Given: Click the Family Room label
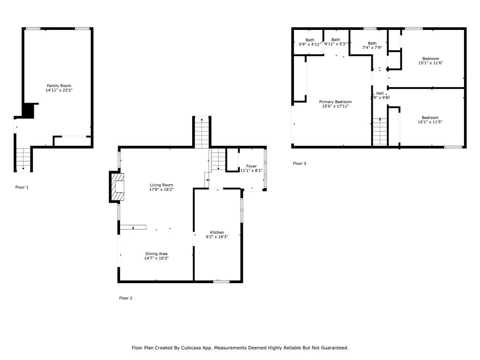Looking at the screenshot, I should click(59, 86).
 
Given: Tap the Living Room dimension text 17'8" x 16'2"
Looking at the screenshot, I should click(161, 190).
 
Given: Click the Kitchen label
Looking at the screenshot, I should click(217, 232).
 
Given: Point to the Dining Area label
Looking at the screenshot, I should click(156, 254).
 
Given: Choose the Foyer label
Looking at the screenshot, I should click(251, 166).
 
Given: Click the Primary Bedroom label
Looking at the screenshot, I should click(335, 102).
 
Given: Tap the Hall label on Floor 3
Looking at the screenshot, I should click(380, 93).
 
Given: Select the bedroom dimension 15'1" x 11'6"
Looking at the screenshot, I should click(430, 63).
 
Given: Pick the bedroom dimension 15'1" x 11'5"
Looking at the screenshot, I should click(430, 122).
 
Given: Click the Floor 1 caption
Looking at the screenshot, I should click(22, 187).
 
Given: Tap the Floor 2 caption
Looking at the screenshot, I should click(126, 298).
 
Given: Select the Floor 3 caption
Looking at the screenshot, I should click(300, 164).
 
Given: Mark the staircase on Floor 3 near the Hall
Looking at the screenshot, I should click(380, 132).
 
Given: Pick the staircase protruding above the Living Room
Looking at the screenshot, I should click(201, 132).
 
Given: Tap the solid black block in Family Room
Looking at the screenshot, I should click(29, 111).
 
